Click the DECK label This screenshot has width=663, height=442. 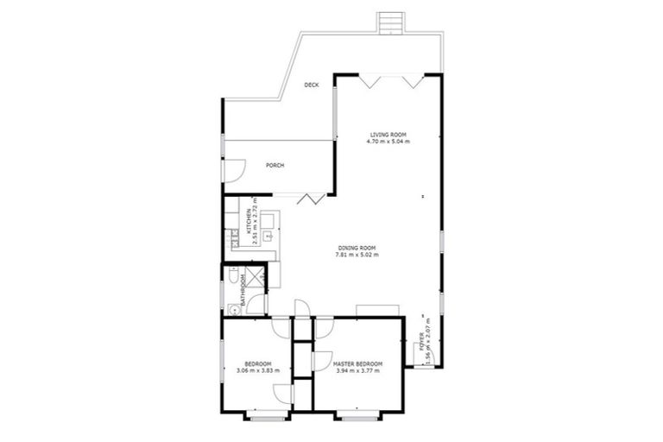pyautogui.click(x=312, y=85)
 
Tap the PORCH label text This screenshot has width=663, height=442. pyautogui.click(x=275, y=166)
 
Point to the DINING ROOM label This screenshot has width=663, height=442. pyautogui.click(x=357, y=249)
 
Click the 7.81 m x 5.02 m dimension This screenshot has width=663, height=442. pyautogui.click(x=357, y=256)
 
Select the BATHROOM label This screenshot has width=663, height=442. pyautogui.click(x=244, y=290)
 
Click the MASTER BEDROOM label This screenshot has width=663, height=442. pyautogui.click(x=357, y=364)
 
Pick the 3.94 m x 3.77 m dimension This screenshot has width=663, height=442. pyautogui.click(x=357, y=371)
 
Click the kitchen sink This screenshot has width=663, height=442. pyautogui.click(x=268, y=233)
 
